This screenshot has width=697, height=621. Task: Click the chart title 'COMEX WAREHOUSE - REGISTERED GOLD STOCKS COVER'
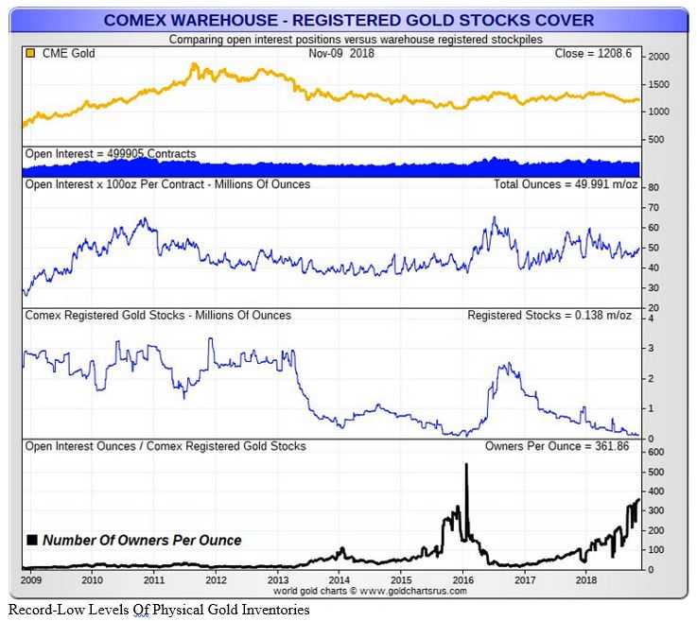click(348, 19)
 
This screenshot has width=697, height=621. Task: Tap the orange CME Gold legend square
click(31, 53)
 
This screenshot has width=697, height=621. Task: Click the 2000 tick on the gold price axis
click(657, 58)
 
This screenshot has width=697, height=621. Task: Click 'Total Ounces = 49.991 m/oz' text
click(566, 184)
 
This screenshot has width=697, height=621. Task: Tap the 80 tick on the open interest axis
click(652, 187)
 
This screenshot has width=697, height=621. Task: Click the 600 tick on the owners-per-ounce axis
click(655, 452)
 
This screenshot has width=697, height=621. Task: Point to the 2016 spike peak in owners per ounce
click(466, 464)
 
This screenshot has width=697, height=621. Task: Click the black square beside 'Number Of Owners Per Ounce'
click(32, 541)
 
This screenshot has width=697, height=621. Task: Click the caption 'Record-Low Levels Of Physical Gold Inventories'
click(158, 610)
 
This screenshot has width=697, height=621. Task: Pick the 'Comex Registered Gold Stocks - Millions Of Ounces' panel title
click(158, 315)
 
